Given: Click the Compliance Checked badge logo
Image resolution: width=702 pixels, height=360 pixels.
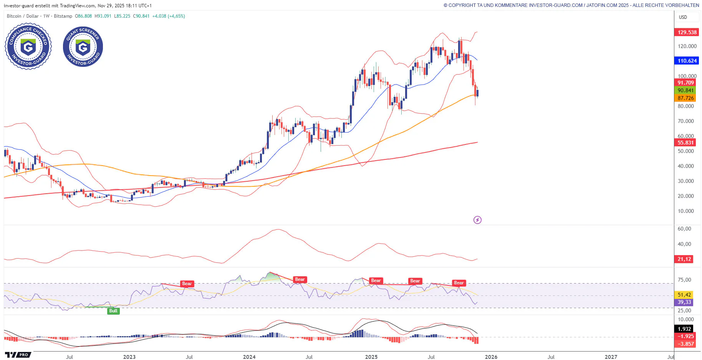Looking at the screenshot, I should click(28, 46).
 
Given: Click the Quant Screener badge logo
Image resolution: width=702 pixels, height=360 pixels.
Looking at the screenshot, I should click(83, 46).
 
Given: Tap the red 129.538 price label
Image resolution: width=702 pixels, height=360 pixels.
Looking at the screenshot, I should click(687, 32).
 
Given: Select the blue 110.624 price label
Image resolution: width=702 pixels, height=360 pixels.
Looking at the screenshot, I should click(687, 61).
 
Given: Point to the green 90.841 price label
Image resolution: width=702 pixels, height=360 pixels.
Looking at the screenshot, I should click(685, 90).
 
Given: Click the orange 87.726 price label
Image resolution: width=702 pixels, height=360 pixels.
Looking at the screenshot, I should click(685, 98).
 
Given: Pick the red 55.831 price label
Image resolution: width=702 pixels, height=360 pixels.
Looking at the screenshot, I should click(685, 143).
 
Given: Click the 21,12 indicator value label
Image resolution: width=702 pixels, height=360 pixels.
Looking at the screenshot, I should click(684, 259).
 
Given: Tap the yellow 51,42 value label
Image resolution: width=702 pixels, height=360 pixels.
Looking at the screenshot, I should click(684, 295).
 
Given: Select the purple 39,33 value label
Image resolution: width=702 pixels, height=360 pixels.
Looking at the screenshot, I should click(684, 302).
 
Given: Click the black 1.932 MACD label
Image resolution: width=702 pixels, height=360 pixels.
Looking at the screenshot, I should click(684, 329).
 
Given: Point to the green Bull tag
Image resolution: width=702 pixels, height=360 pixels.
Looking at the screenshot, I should click(113, 311).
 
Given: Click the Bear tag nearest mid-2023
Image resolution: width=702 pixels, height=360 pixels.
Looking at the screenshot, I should click(187, 284).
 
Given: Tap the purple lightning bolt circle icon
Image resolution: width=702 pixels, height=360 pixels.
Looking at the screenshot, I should click(477, 220).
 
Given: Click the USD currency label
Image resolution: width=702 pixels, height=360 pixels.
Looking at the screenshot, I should click(683, 17).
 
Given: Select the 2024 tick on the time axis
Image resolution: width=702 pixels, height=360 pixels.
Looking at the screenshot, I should click(249, 357).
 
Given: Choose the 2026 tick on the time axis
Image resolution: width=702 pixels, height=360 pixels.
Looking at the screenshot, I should click(491, 357).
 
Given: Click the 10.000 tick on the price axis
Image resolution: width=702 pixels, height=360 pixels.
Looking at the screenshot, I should click(685, 211).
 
